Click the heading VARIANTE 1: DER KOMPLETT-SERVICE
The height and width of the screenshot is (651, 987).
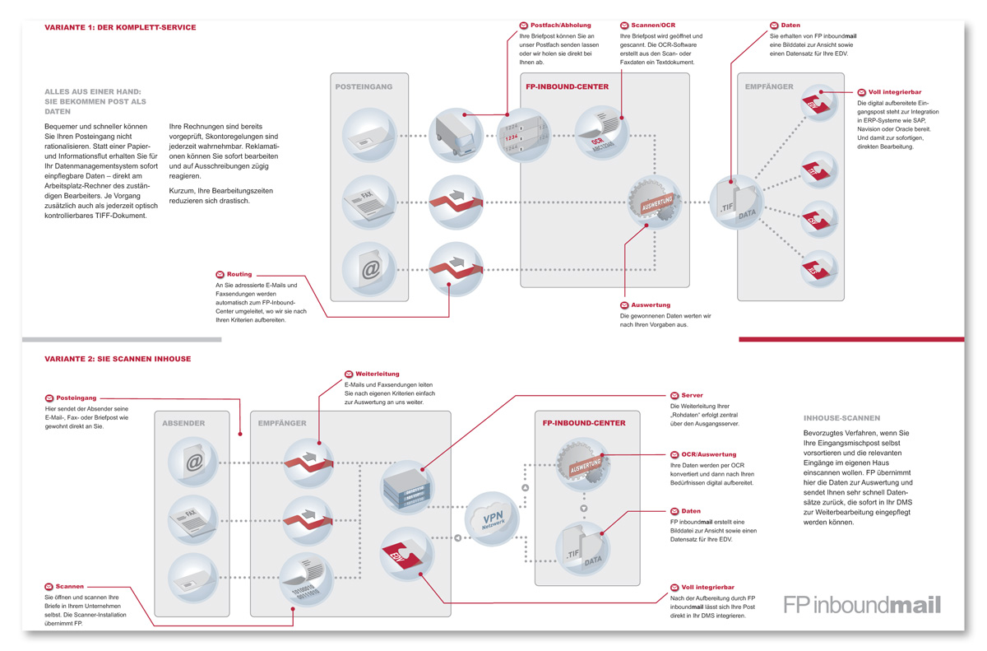coord(120,27)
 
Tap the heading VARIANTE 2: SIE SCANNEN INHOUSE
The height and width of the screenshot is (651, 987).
coord(118,359)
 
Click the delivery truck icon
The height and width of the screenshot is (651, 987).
coord(456,135)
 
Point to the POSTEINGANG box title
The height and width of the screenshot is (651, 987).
coord(364,86)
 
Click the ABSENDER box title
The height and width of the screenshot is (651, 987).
coord(183,423)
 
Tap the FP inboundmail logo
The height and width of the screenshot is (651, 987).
coord(862,606)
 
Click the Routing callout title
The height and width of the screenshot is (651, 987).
coord(240,274)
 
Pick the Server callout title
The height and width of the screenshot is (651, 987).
coord(692,396)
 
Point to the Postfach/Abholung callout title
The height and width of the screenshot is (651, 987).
coord(560,26)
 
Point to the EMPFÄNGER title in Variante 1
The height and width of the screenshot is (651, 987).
coord(768,86)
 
